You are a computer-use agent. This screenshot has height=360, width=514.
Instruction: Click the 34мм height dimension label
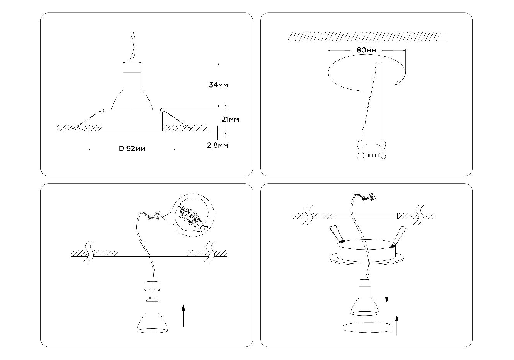(x=218, y=85)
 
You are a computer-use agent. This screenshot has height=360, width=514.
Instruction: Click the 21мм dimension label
(x=230, y=119)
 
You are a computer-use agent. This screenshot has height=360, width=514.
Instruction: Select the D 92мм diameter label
(x=132, y=149)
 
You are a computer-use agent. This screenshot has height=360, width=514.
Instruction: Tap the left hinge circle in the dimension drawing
(x=102, y=110)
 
